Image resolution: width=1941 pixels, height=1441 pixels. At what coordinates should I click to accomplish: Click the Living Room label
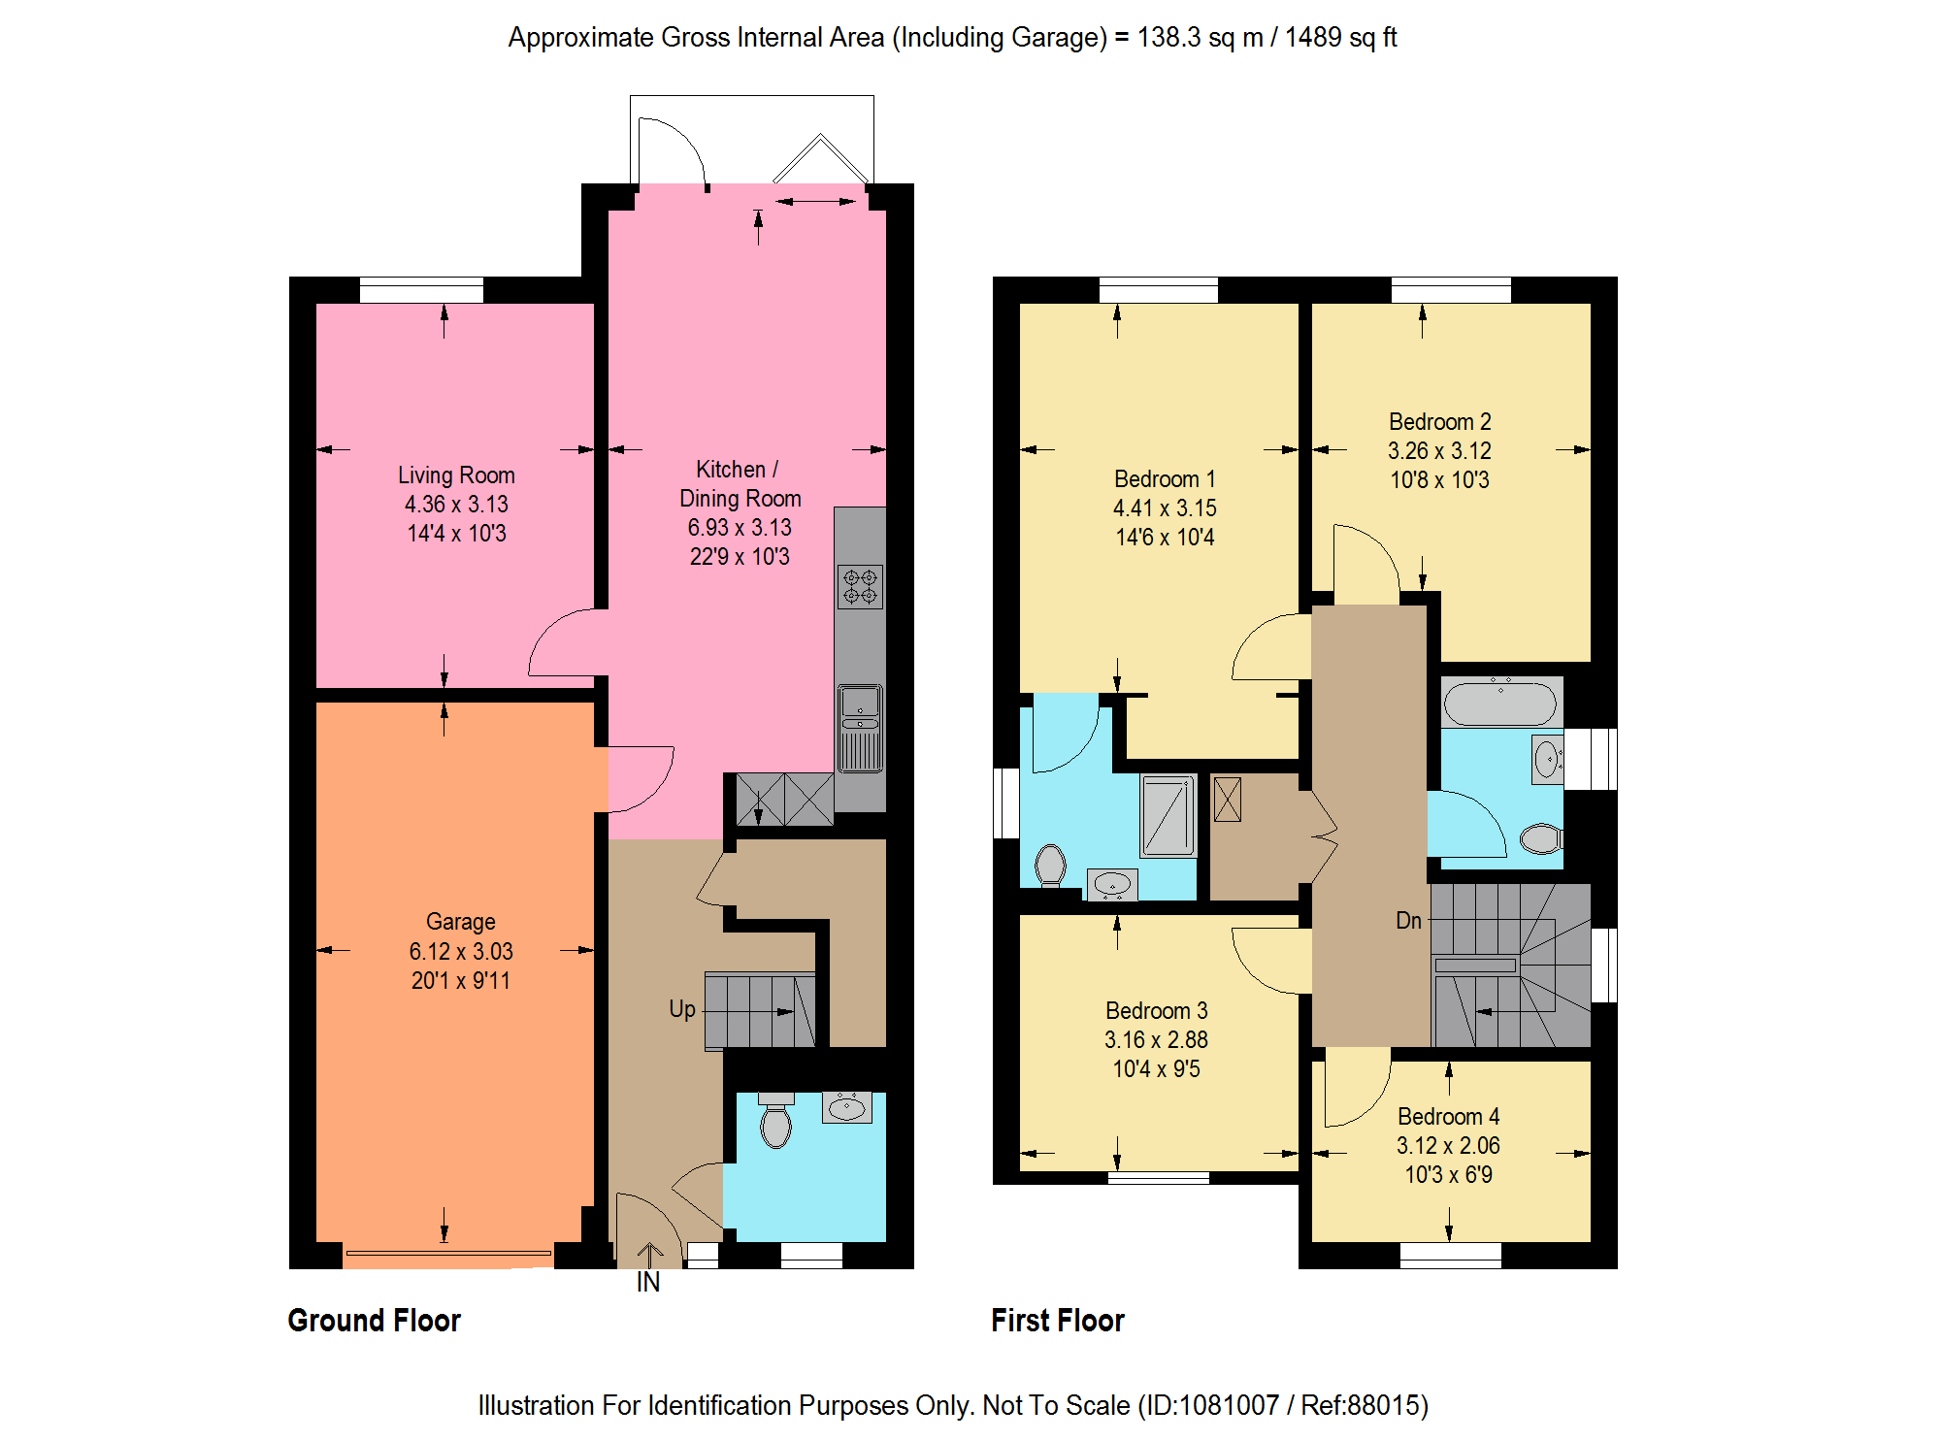456,475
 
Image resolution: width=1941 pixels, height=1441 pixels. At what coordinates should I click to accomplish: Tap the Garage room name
461,922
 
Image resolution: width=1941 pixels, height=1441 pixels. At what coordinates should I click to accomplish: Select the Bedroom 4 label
1449,1117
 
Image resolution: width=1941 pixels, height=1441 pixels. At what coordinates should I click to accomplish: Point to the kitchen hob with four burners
860,586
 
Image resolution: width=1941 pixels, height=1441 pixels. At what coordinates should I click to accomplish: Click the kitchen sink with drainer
860,728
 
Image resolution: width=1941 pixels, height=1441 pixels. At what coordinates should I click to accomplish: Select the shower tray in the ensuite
1168,815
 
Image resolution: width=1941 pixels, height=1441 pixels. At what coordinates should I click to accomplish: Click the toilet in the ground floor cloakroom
775,1121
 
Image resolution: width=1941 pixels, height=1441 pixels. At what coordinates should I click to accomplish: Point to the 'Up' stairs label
682,1010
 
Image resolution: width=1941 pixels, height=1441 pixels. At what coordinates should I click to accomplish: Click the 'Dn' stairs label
1408,921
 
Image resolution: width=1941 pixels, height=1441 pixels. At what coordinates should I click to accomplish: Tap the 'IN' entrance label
648,1283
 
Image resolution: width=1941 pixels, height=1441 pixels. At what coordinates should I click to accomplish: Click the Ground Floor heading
375,1321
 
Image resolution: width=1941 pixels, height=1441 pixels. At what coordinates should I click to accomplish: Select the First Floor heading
1058,1321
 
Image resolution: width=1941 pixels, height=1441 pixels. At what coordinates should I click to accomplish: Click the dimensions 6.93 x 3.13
740,528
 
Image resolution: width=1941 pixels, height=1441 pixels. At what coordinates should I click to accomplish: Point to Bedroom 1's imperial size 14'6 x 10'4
1165,538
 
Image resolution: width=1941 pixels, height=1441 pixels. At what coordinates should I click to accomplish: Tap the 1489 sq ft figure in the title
1341,38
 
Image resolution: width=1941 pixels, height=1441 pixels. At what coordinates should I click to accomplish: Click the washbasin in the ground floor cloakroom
847,1107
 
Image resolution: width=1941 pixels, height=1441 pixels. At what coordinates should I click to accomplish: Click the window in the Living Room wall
421,290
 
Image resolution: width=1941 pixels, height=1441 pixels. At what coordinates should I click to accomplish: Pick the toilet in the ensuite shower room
1050,865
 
